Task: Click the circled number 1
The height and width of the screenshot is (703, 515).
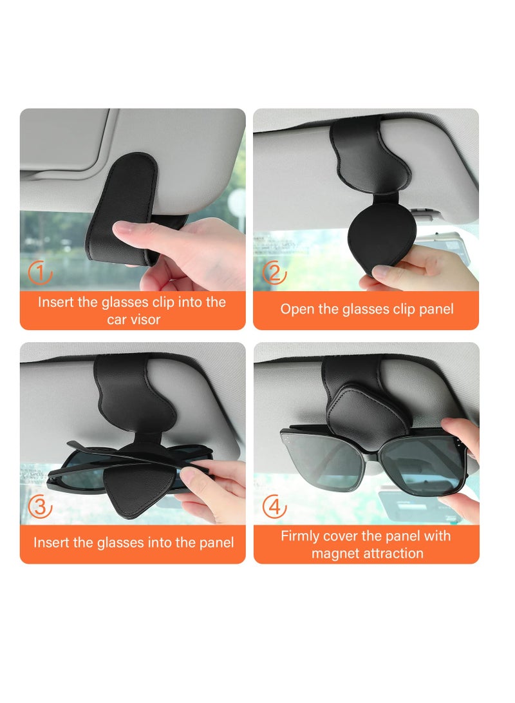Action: [x=40, y=274]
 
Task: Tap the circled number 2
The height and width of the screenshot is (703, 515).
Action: [x=274, y=274]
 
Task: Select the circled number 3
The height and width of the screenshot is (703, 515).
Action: [x=40, y=507]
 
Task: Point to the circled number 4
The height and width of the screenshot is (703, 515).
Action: [x=274, y=507]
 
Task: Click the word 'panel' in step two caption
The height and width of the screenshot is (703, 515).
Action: [x=436, y=309]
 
